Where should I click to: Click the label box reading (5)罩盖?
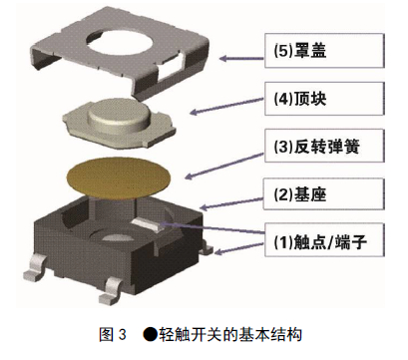pyautogui.click(x=324, y=51)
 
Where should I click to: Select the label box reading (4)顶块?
pyautogui.click(x=324, y=99)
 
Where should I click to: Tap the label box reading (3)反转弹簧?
pyautogui.click(x=324, y=147)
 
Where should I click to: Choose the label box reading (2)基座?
pyautogui.click(x=324, y=194)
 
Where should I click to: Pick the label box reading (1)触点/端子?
pyautogui.click(x=324, y=240)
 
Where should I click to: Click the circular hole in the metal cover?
pyautogui.click(x=121, y=42)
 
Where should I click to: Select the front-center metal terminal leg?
pyautogui.click(x=112, y=291)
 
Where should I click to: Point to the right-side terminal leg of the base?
pyautogui.click(x=207, y=248)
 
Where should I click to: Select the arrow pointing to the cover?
pyautogui.click(x=242, y=59)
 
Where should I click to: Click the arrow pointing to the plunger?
pyautogui.click(x=227, y=106)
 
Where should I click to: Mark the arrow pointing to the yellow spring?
pyautogui.click(x=224, y=167)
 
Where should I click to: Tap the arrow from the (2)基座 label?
pyautogui.click(x=232, y=203)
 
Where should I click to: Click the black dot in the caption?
pyautogui.click(x=150, y=334)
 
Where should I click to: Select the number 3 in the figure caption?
pyautogui.click(x=122, y=334)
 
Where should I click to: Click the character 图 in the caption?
pyautogui.click(x=107, y=334)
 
